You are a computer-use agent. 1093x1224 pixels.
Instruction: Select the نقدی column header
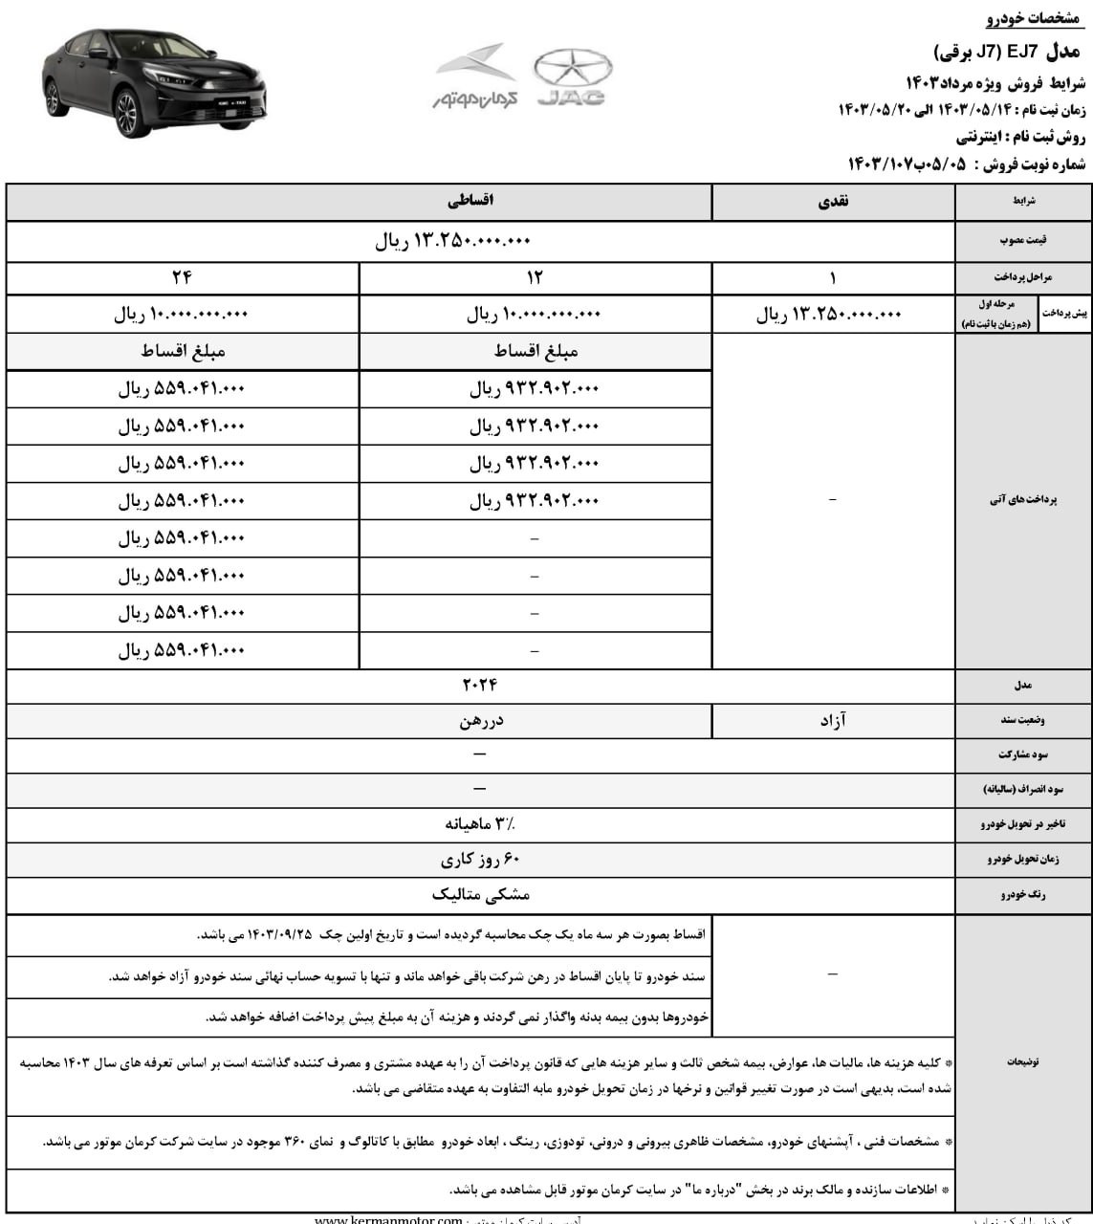[832, 202]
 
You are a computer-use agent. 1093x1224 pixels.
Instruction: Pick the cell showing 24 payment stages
[182, 277]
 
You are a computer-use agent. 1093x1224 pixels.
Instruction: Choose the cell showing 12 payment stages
[535, 277]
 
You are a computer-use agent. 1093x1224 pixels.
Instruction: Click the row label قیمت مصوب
[1022, 242]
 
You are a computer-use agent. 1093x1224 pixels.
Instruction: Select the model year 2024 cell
[480, 686]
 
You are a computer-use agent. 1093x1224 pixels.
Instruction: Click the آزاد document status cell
[832, 720]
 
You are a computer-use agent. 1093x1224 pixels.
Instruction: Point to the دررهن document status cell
[480, 721]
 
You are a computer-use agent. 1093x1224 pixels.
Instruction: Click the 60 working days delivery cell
[480, 859]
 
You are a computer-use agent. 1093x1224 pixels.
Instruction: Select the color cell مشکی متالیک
[480, 894]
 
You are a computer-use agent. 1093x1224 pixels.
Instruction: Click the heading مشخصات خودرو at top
[1037, 20]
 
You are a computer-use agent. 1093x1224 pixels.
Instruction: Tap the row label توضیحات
[1022, 1061]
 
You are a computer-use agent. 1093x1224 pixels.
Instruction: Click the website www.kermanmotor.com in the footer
[388, 1218]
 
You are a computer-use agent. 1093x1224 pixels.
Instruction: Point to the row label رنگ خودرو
[1022, 895]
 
